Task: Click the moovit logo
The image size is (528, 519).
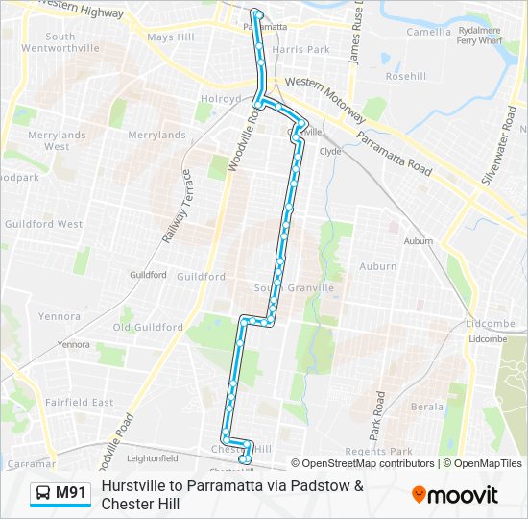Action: click(455, 495)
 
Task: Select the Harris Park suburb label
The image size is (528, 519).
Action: click(300, 49)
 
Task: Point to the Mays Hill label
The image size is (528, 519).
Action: click(171, 37)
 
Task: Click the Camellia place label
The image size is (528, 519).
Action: click(428, 32)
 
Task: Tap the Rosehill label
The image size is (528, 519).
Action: click(405, 76)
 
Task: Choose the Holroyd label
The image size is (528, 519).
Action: click(221, 98)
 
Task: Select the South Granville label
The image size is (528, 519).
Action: click(294, 288)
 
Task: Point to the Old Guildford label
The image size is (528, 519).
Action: click(148, 327)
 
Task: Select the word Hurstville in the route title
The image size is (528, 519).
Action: click(136, 485)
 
